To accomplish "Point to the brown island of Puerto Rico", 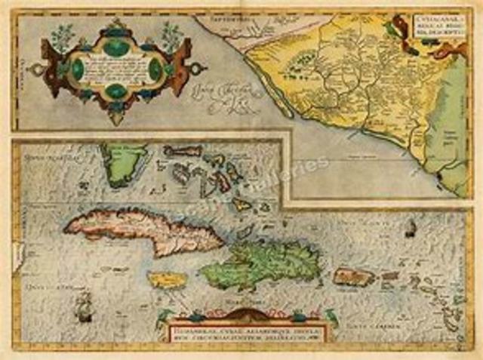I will [354, 277].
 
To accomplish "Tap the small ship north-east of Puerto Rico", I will [410, 228].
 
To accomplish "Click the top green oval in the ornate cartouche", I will [115, 47].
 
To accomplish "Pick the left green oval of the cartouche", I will [77, 71].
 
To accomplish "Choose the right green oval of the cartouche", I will [155, 71].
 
